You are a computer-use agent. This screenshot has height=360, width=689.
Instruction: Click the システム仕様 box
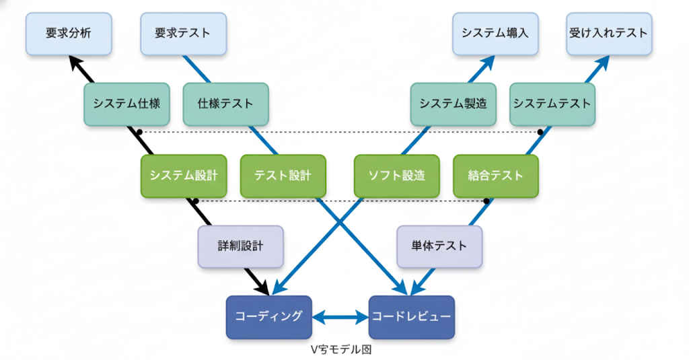126,104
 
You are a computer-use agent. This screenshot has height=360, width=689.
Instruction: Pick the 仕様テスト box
225,104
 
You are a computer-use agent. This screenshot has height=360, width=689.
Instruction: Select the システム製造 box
453,104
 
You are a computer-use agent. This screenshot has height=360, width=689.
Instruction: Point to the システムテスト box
552,104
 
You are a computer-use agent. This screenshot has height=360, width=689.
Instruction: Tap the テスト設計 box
283,176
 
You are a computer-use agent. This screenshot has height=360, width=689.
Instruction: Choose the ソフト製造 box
396,176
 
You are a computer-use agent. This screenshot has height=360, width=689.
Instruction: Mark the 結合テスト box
496,176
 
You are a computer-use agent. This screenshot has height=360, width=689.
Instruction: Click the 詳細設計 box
240,246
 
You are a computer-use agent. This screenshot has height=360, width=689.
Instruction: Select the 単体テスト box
439,246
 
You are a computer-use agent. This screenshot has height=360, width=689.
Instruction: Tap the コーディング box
268,316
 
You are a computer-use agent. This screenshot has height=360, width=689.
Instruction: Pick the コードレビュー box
411,316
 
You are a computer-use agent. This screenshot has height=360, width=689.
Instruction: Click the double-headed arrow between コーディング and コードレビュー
340,316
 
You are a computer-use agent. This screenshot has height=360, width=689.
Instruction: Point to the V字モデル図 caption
340,350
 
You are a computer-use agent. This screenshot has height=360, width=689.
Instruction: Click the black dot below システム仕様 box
139,131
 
